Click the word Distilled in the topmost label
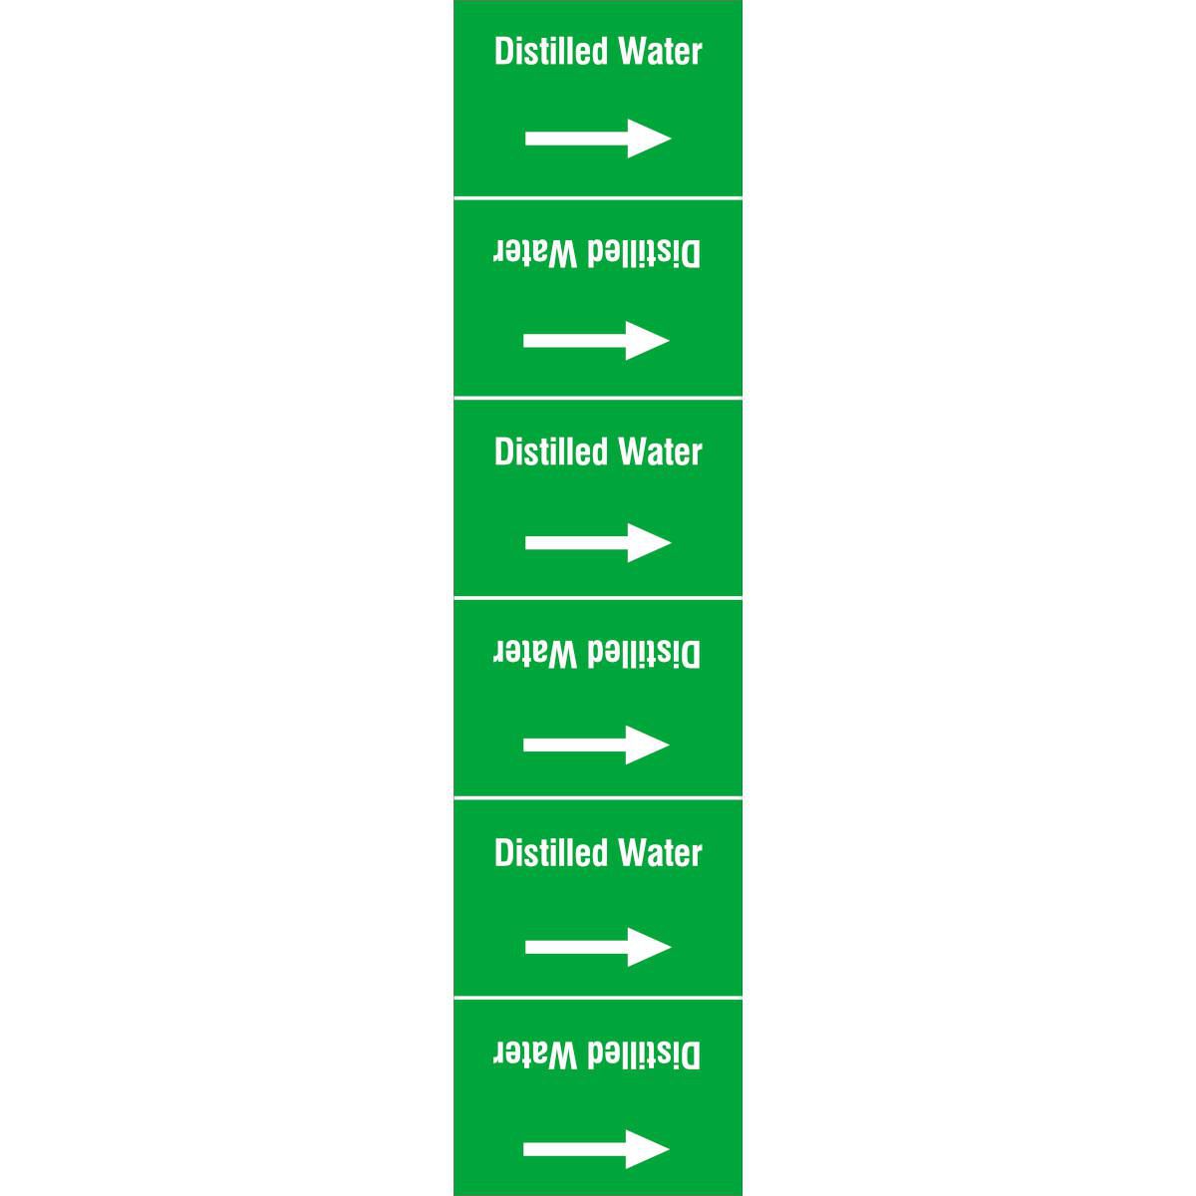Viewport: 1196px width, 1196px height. [x=551, y=51]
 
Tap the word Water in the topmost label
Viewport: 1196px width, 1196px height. [x=661, y=52]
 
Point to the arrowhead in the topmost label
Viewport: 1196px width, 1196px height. [x=649, y=139]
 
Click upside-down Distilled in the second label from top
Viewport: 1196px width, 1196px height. [x=644, y=254]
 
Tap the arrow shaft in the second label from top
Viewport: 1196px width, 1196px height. [x=575, y=340]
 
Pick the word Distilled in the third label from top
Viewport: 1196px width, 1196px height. [x=551, y=451]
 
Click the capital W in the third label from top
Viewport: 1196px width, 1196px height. [x=634, y=451]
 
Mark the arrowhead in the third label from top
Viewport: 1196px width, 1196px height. [x=649, y=542]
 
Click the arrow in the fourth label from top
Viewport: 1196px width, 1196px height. [x=596, y=745]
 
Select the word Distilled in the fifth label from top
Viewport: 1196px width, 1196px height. [x=551, y=853]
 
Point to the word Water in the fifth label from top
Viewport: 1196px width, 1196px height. [x=661, y=853]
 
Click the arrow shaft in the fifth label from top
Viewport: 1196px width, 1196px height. [x=577, y=947]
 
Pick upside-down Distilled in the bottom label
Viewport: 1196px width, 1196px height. [x=644, y=1055]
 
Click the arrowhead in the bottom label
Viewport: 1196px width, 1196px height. [x=648, y=1149]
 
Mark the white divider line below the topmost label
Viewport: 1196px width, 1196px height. [x=598, y=198]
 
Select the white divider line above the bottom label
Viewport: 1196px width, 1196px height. [x=598, y=999]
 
